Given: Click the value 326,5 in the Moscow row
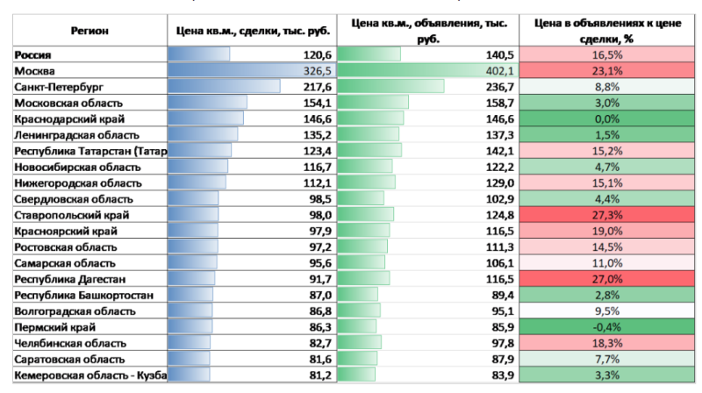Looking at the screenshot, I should (x=314, y=70).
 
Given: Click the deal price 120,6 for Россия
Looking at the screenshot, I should (x=315, y=54).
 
